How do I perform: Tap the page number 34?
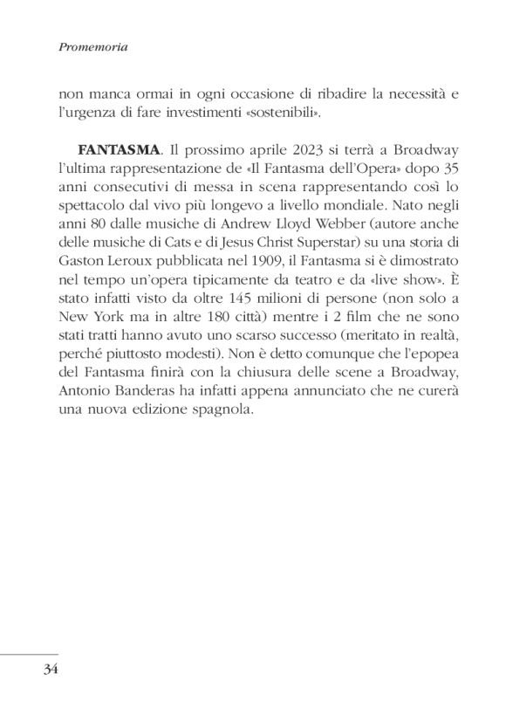47,670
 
